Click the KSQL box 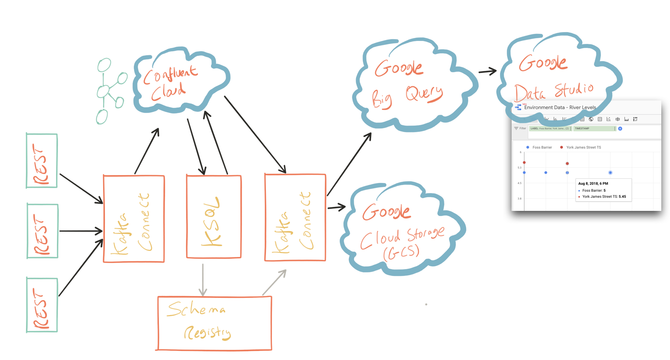(214, 217)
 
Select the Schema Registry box (214, 323)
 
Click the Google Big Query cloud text (407, 85)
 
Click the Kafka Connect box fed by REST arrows (134, 219)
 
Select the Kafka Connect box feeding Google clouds (295, 217)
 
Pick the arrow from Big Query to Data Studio (487, 72)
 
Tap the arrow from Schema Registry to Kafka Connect (275, 282)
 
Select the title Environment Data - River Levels (560, 107)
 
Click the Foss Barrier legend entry (542, 147)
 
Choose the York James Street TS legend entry (583, 147)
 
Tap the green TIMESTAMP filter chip (594, 129)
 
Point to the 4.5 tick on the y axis (519, 183)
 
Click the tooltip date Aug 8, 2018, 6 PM (593, 183)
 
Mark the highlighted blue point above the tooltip (610, 173)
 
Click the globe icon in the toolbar (591, 119)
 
